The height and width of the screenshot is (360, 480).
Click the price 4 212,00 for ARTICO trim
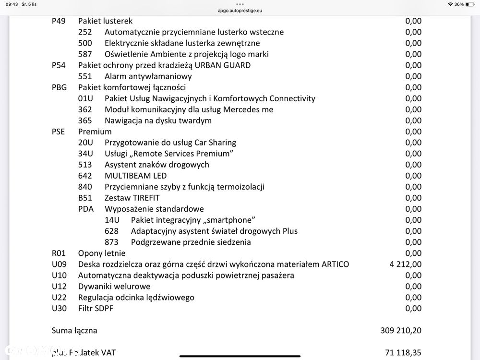pyautogui.click(x=406, y=264)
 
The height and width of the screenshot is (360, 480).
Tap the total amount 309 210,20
pyautogui.click(x=401, y=331)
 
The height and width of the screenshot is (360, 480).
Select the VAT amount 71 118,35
pyautogui.click(x=403, y=353)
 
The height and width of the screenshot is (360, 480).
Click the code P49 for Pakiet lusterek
pyautogui.click(x=60, y=21)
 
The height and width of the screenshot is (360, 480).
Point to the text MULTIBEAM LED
pyautogui.click(x=136, y=176)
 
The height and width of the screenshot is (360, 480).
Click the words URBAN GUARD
pyautogui.click(x=224, y=65)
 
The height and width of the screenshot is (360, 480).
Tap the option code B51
pyautogui.click(x=85, y=198)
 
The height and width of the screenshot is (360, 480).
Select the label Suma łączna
pyautogui.click(x=74, y=331)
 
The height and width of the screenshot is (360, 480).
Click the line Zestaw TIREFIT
pyautogui.click(x=132, y=198)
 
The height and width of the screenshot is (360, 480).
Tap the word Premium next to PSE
pyautogui.click(x=95, y=132)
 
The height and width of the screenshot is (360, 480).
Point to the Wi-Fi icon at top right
pyautogui.click(x=450, y=4)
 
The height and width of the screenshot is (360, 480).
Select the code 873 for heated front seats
pyautogui.click(x=111, y=242)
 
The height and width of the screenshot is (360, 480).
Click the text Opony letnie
pyautogui.click(x=102, y=253)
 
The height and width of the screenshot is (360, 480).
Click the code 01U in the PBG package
pyautogui.click(x=85, y=99)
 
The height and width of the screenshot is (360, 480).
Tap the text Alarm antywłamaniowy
pyautogui.click(x=148, y=76)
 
